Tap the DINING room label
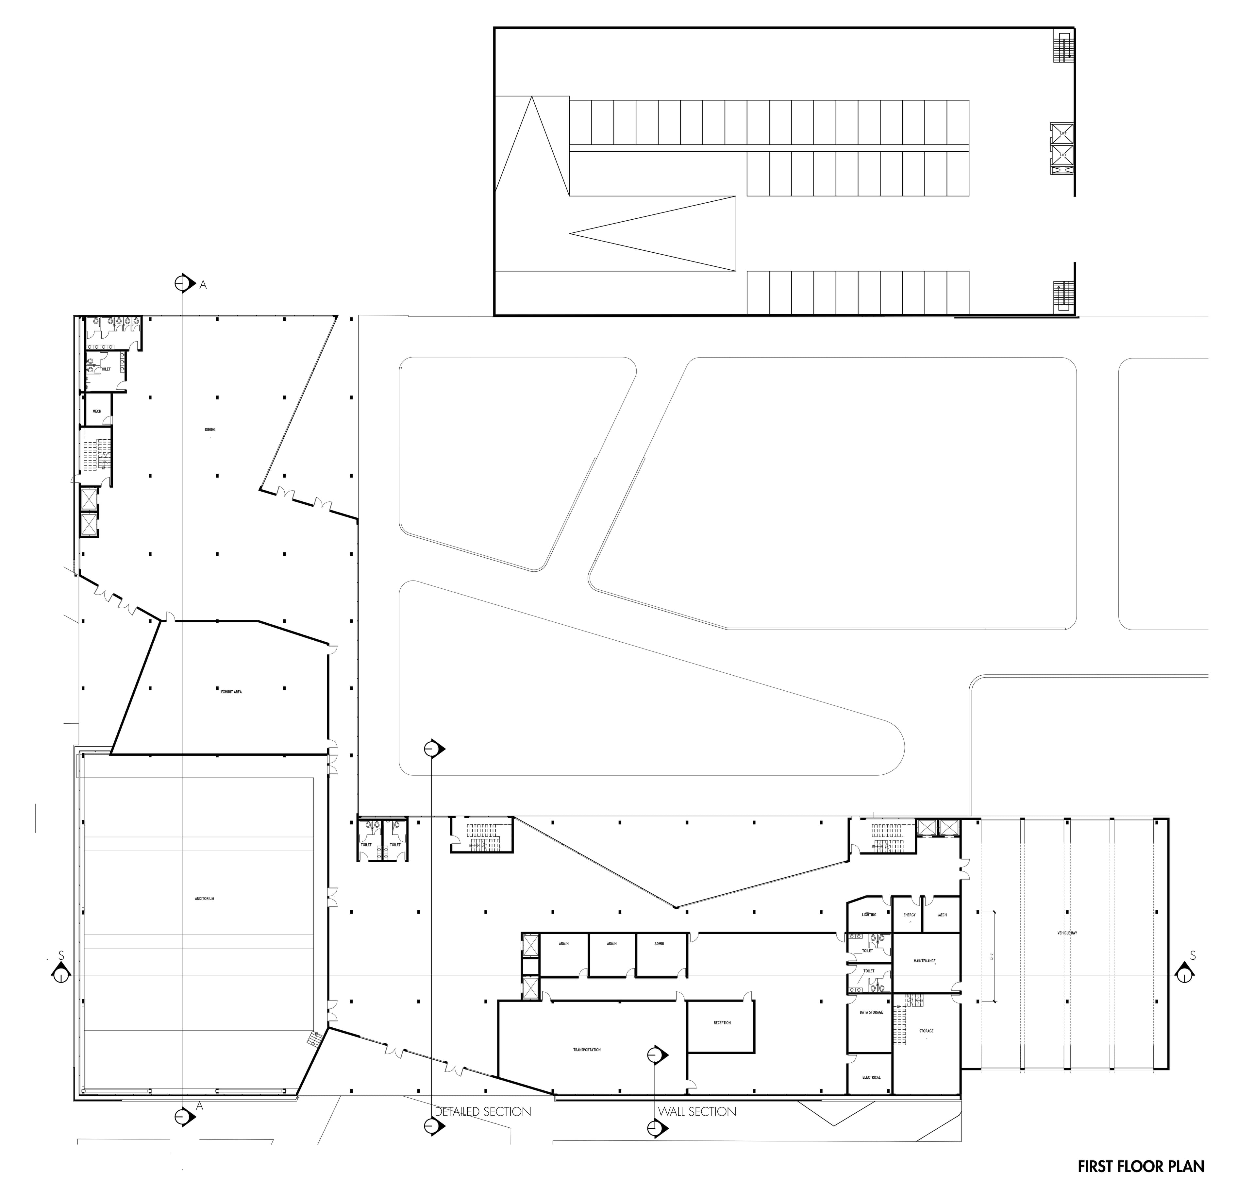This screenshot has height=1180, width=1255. (210, 429)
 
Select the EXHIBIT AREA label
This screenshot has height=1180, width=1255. (231, 692)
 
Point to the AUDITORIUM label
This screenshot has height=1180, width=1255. (205, 899)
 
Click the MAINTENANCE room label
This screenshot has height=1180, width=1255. (924, 961)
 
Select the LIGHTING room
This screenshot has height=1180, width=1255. (869, 915)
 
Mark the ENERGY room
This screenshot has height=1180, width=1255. (909, 915)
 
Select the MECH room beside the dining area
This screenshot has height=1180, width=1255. (97, 411)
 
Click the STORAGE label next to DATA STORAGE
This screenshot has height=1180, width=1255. (926, 1031)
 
